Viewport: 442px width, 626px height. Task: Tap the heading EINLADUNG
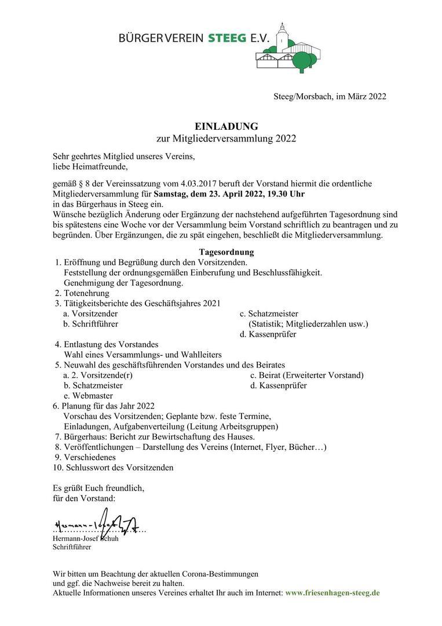227,126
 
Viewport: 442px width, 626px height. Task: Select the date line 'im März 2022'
360,96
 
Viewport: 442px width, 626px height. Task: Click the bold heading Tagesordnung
227,252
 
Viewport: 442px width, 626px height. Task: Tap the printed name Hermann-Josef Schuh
85,538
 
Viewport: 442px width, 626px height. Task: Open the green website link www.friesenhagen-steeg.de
333,594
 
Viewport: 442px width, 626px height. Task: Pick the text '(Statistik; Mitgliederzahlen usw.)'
308,324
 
